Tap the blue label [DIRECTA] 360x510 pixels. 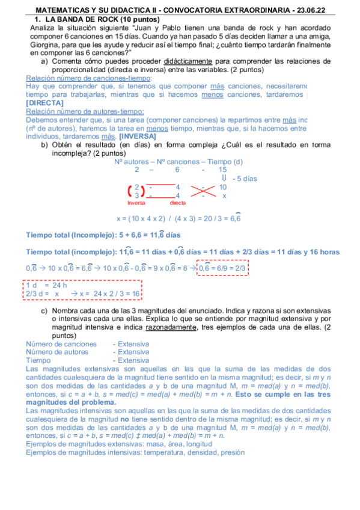(42, 103)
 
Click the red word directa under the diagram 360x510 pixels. (178, 203)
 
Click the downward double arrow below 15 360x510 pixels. (224, 179)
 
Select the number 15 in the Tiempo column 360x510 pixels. (222, 170)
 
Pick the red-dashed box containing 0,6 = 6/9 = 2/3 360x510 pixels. (222, 268)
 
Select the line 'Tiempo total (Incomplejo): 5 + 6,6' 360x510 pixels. (103, 235)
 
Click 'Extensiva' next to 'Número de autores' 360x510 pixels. (133, 352)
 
